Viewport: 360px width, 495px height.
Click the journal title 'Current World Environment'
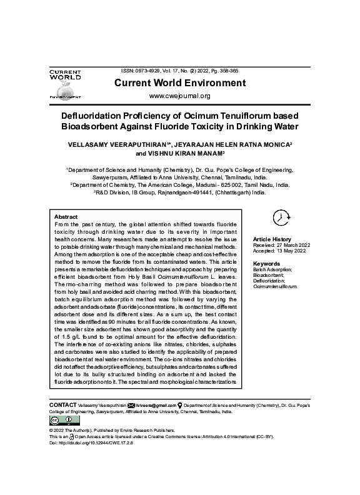pyautogui.click(x=179, y=83)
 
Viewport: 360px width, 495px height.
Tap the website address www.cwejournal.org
pyautogui.click(x=179, y=96)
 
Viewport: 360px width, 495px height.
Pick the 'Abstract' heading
pyautogui.click(x=66, y=216)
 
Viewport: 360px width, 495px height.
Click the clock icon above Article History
pyautogui.click(x=282, y=217)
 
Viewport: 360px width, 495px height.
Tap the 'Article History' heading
pyautogui.click(x=272, y=239)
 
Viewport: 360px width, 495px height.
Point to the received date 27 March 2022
pyautogui.click(x=291, y=246)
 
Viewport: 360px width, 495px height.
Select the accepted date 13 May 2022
pyautogui.click(x=290, y=251)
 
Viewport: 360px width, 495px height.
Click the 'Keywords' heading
pyautogui.click(x=266, y=264)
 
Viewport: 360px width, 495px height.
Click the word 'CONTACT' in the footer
pyautogui.click(x=63, y=405)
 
